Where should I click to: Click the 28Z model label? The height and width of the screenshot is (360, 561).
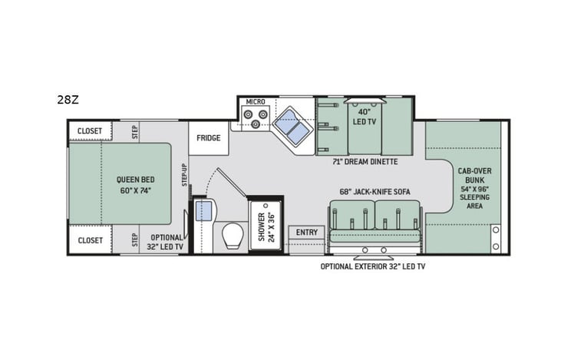(66, 99)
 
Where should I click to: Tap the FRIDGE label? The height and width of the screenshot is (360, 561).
(208, 138)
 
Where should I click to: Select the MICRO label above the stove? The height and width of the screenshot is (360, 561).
(254, 102)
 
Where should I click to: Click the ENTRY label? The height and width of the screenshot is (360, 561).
(306, 232)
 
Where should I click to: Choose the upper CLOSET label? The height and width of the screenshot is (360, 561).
(89, 131)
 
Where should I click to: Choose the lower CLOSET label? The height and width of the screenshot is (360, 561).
(89, 240)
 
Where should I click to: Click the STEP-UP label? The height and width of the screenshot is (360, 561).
(184, 174)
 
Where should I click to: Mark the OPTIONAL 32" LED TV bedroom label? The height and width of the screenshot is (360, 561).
(167, 242)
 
